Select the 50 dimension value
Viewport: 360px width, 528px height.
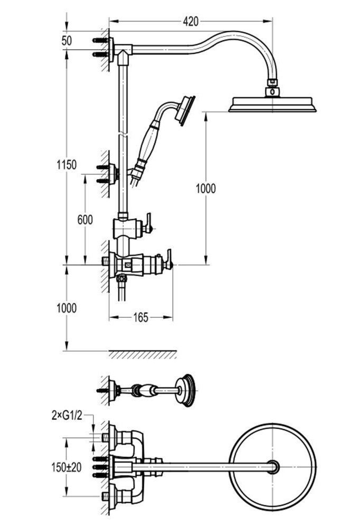pyautogui.click(x=67, y=41)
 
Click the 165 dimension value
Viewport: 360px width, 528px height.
pyautogui.click(x=140, y=317)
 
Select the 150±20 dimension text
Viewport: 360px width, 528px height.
pyautogui.click(x=68, y=467)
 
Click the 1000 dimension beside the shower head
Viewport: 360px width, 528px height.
pyautogui.click(x=206, y=187)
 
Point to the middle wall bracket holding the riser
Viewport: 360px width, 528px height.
pyautogui.click(x=111, y=173)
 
